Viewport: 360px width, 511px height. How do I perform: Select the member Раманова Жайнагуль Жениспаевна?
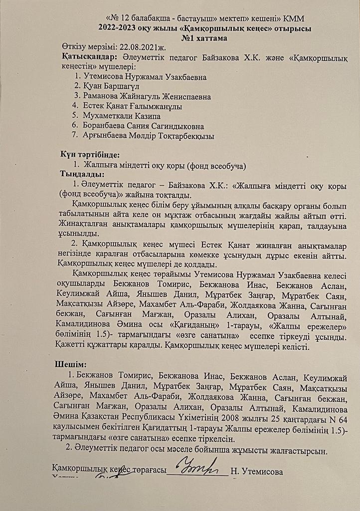pos(147,96)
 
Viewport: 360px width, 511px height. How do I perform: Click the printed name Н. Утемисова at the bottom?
pos(257,472)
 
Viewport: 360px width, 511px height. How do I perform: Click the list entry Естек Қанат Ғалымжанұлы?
pos(133,106)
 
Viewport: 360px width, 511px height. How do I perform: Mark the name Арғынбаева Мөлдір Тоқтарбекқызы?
pos(149,135)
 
